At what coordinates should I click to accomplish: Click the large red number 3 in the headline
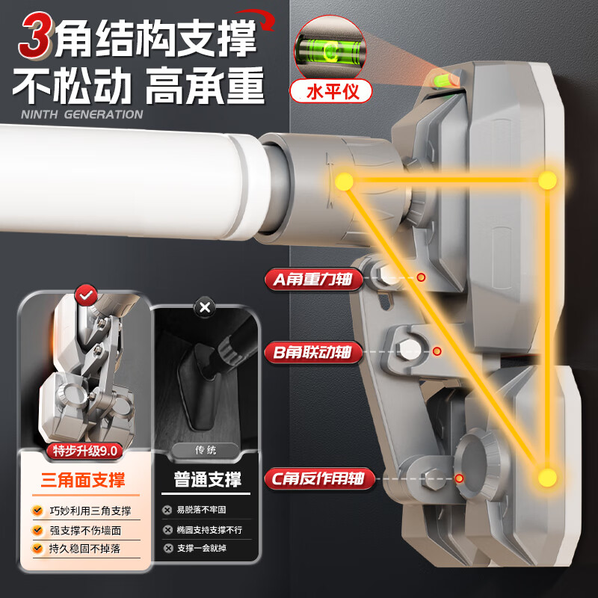pyautogui.click(x=35, y=35)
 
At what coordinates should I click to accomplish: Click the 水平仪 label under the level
pyautogui.click(x=331, y=91)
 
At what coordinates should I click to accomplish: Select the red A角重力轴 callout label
pyautogui.click(x=313, y=279)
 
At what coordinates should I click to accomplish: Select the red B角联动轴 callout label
pyautogui.click(x=313, y=352)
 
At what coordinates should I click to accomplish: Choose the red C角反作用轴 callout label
pyautogui.click(x=320, y=478)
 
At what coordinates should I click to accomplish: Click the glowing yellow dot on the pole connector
pyautogui.click(x=345, y=181)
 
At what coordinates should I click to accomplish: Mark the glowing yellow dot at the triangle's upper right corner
pyautogui.click(x=548, y=180)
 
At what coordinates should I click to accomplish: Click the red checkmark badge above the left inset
pyautogui.click(x=86, y=295)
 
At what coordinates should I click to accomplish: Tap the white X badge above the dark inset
pyautogui.click(x=205, y=307)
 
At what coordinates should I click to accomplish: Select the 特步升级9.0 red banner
pyautogui.click(x=84, y=451)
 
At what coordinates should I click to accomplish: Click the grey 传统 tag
pyautogui.click(x=206, y=451)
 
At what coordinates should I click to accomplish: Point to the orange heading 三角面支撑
pyautogui.click(x=83, y=480)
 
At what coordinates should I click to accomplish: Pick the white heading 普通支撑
pyautogui.click(x=208, y=479)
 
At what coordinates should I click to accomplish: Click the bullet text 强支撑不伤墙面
pyautogui.click(x=85, y=531)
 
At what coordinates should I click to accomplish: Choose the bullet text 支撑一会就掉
pyautogui.click(x=201, y=549)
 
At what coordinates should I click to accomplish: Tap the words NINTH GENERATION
pyautogui.click(x=82, y=114)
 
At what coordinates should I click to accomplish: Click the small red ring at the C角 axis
pyautogui.click(x=459, y=478)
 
